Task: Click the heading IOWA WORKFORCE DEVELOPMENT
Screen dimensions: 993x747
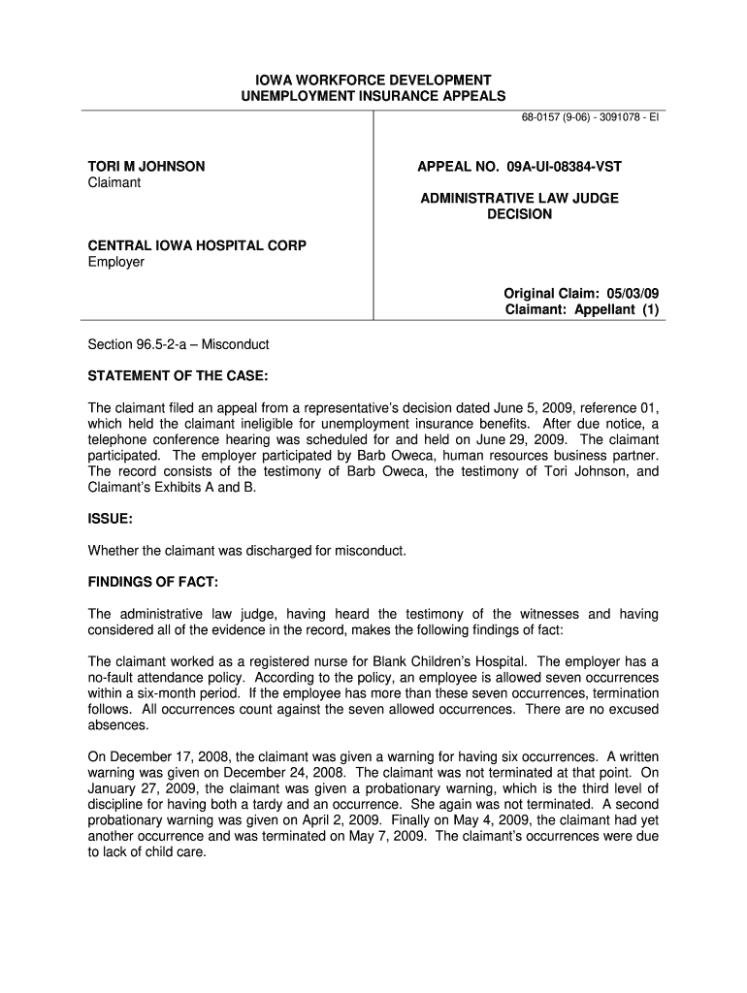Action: tap(373, 80)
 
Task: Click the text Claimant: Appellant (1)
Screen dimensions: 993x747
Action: tap(582, 310)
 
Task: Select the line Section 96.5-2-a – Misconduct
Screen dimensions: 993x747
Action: tap(179, 344)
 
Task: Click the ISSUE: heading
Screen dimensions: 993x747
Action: tap(111, 519)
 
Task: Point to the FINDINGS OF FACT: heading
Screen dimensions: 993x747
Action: tap(153, 582)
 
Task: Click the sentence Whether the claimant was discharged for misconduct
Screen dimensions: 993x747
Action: tap(246, 551)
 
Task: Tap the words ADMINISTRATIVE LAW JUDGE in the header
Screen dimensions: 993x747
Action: tap(519, 198)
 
